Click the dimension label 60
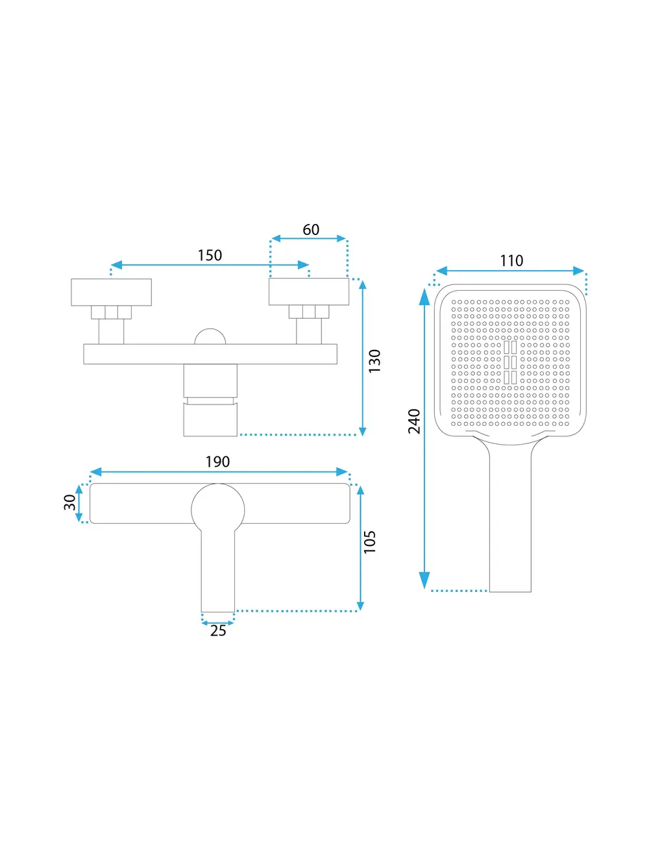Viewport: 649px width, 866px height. point(311,230)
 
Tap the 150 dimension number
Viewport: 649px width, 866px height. point(210,256)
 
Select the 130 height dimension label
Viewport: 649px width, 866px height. point(374,360)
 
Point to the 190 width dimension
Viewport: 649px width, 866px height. point(217,462)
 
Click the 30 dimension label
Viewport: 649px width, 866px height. point(70,502)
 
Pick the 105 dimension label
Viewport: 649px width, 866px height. point(369,542)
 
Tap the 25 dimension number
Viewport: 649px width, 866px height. point(218,631)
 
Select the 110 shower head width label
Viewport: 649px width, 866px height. point(511,261)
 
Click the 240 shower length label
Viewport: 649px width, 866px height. point(414,421)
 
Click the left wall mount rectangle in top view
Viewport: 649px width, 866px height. point(111,292)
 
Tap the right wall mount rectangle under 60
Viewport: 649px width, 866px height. point(309,291)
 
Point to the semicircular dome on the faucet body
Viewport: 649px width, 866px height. point(210,336)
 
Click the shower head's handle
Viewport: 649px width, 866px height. point(510,517)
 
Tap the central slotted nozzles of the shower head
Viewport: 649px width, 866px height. point(510,363)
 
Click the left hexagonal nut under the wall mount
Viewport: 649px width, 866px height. point(111,312)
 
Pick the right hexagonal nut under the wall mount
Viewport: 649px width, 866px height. point(309,312)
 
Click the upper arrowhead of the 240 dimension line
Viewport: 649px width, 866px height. point(424,297)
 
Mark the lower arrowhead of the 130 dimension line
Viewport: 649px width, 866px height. point(363,431)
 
